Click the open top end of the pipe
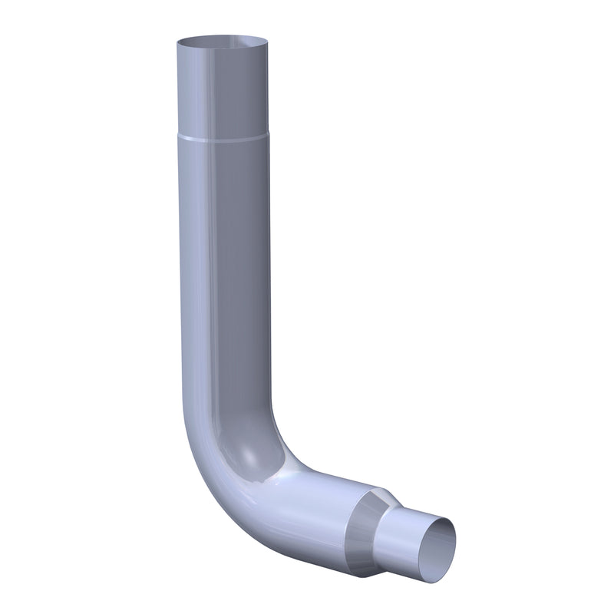point(221,41)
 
